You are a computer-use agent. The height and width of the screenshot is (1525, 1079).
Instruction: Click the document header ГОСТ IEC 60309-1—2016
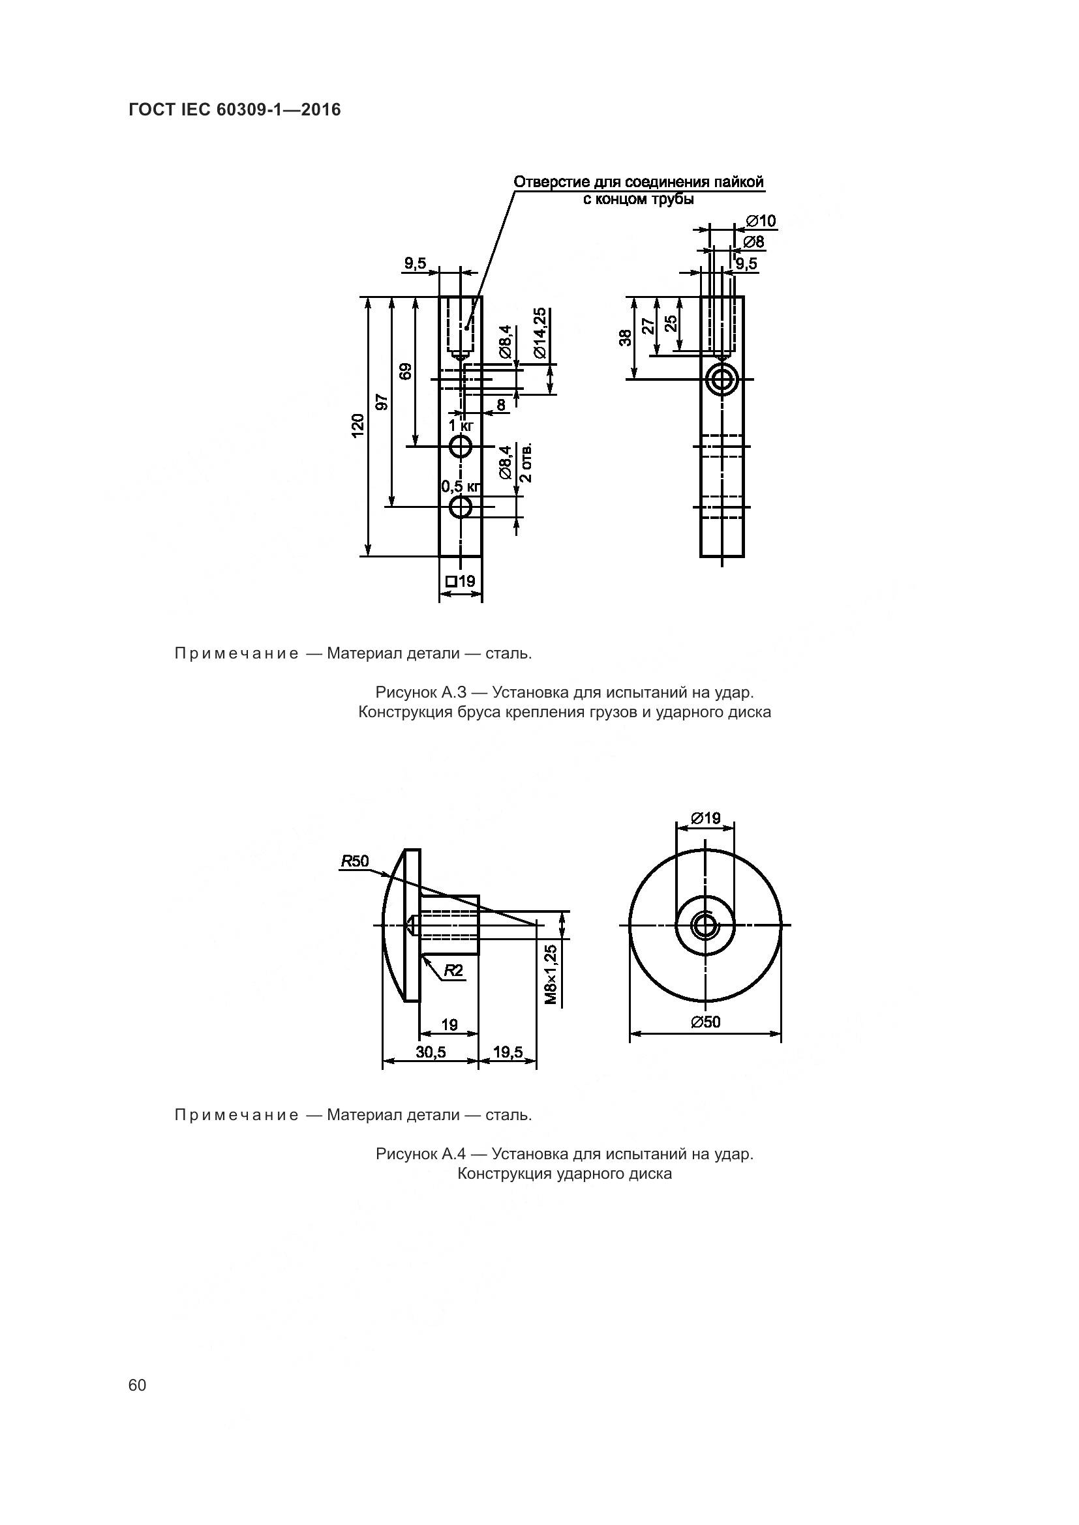[235, 110]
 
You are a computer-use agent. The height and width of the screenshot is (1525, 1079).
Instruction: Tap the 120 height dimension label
[358, 426]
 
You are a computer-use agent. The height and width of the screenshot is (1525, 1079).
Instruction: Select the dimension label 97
[382, 402]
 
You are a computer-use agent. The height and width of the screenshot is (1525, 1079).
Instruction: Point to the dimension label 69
[406, 370]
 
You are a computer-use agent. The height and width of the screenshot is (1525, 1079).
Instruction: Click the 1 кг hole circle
[461, 447]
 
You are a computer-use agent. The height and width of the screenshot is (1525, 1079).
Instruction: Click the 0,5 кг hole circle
[461, 507]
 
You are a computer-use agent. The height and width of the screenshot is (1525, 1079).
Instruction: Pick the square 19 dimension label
[461, 580]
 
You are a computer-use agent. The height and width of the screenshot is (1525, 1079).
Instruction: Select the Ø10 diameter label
[761, 221]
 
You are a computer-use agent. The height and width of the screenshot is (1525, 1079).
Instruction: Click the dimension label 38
[625, 338]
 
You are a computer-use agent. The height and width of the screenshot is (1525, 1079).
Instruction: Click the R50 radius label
[355, 861]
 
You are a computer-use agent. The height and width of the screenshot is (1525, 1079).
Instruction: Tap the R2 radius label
[453, 970]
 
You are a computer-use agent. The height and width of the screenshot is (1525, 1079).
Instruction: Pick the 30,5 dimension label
[431, 1052]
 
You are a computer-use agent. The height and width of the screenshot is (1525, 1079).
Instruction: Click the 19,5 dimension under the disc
[508, 1052]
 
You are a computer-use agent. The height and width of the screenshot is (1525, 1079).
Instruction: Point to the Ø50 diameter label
[705, 1022]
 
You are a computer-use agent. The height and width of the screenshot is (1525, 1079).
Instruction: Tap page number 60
[138, 1385]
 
